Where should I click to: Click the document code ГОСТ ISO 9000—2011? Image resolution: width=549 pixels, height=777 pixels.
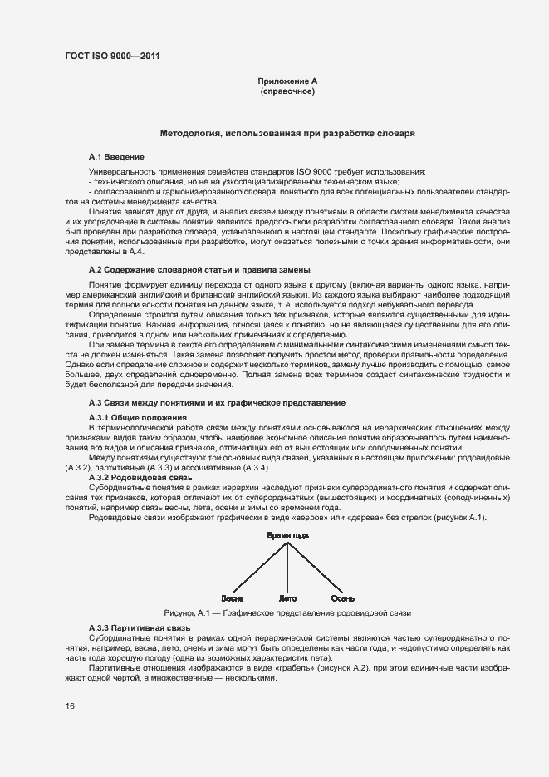click(x=111, y=56)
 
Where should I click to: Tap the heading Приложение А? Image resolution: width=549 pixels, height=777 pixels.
click(x=287, y=81)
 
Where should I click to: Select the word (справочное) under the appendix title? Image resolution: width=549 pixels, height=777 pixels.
click(x=287, y=91)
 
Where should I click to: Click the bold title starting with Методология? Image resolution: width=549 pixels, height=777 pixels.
click(x=287, y=133)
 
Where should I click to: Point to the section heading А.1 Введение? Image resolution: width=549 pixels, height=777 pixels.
click(x=116, y=156)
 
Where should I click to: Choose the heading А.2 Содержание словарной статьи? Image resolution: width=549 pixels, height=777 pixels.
click(x=199, y=270)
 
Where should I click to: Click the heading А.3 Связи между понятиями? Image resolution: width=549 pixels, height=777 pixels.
click(x=217, y=403)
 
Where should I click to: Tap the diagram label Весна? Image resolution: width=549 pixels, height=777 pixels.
click(x=232, y=598)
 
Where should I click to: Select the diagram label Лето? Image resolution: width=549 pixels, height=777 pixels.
click(x=288, y=598)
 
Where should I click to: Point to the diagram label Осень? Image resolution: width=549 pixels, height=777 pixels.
click(x=343, y=598)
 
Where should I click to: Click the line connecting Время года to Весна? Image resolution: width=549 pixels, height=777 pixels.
click(x=259, y=568)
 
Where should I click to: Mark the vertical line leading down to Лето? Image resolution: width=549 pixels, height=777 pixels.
click(x=288, y=569)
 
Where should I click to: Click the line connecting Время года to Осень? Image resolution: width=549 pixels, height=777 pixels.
click(x=316, y=568)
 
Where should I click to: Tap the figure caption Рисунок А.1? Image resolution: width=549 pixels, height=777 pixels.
click(x=287, y=612)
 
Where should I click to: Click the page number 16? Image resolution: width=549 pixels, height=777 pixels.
click(x=71, y=706)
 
